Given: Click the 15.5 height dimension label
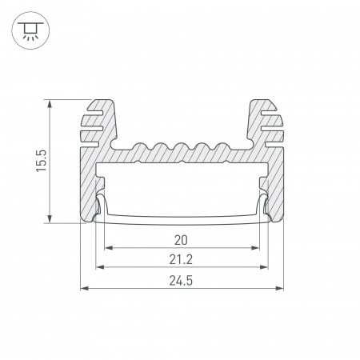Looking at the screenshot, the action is [42, 161].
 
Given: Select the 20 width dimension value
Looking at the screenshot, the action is [181, 240].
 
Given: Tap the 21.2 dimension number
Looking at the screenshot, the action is [181, 259].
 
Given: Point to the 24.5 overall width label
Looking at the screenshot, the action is [181, 281].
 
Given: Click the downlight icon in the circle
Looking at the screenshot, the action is [30, 30].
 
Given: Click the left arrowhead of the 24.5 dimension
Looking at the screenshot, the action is [84, 288].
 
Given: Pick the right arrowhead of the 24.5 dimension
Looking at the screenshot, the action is [279, 288].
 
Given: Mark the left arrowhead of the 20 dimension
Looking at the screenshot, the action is [108, 248].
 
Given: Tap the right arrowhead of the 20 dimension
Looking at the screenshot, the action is [255, 248].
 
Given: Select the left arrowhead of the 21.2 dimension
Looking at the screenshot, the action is [100, 267].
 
